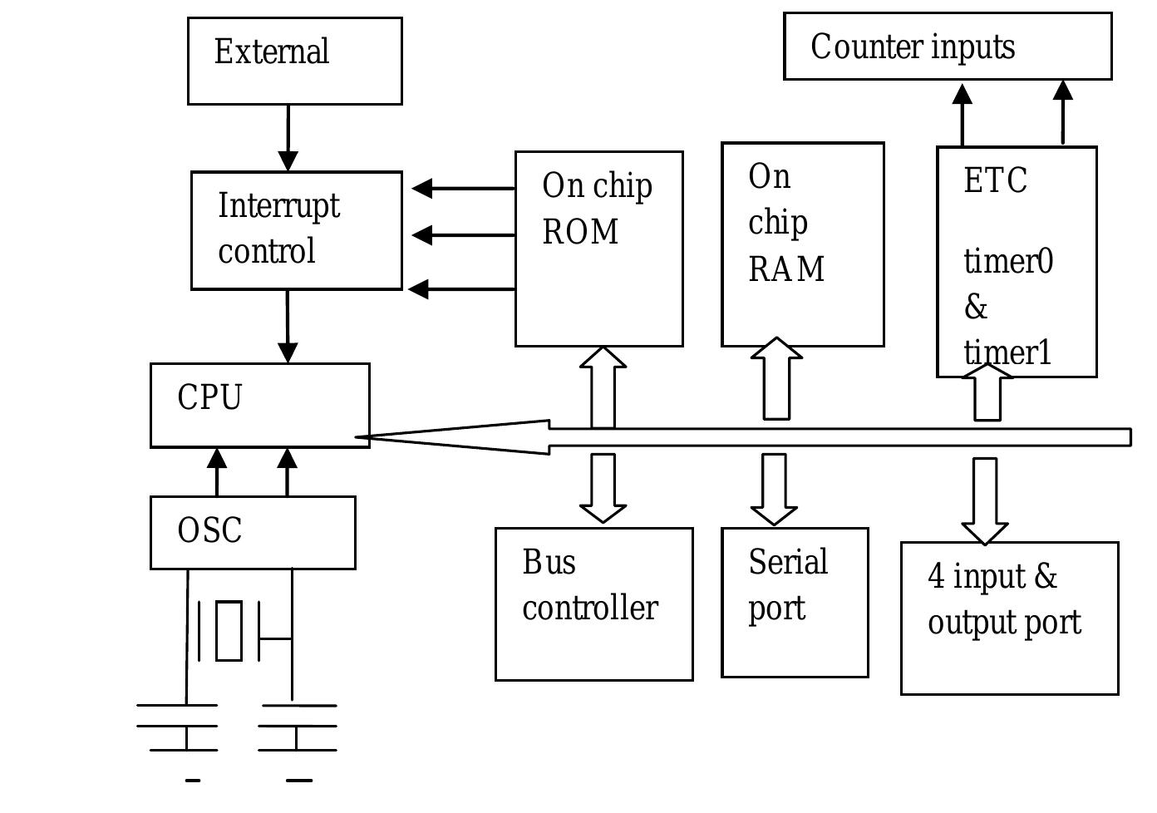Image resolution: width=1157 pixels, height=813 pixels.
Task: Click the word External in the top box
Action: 272,52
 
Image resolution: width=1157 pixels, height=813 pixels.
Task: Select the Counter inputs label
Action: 913,47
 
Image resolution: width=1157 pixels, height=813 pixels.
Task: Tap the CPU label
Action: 209,397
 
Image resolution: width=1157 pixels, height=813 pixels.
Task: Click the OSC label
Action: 209,530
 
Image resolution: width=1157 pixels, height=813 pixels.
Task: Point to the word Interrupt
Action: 278,205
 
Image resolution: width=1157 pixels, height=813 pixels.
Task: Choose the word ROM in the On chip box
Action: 580,232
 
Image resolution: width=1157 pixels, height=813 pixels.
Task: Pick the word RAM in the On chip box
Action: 786,269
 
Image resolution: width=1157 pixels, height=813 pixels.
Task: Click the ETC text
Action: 995,180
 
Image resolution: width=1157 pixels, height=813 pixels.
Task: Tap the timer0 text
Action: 1008,262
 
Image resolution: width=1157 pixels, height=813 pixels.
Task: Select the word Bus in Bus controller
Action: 549,563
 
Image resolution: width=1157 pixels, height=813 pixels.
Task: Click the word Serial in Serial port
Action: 788,563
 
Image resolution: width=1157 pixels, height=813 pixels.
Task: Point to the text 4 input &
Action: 992,576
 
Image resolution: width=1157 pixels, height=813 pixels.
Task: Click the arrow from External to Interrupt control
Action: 288,138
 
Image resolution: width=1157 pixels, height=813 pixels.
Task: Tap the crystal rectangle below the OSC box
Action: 229,630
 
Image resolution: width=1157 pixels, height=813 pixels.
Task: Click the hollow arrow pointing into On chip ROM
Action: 603,386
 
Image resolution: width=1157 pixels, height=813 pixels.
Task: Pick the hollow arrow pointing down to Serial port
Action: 774,488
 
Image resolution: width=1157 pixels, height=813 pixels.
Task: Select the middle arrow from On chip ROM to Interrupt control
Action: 462,235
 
